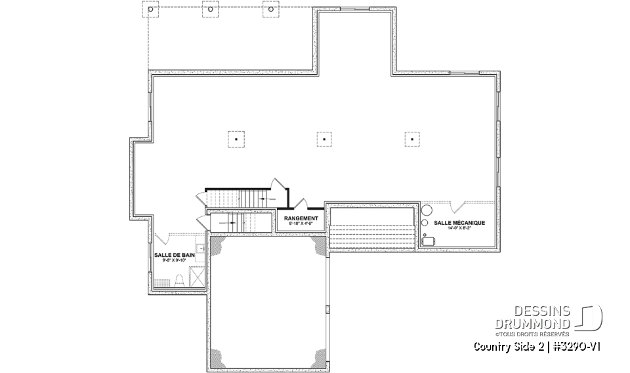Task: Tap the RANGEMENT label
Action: pos(301,218)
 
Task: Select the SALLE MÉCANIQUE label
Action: pos(459,223)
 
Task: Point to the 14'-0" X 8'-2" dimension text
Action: pos(459,228)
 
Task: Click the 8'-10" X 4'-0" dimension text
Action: pos(301,224)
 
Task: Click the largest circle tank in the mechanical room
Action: pos(427,210)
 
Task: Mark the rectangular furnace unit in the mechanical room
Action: pos(430,241)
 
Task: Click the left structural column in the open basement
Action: pos(236,138)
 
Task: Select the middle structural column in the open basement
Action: pos(324,138)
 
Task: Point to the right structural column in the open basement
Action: pos(411,138)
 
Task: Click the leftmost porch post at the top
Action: pos(150,10)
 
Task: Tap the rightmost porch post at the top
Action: pos(269,10)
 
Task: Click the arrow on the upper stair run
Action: pos(264,197)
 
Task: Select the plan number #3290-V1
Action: pos(575,346)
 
